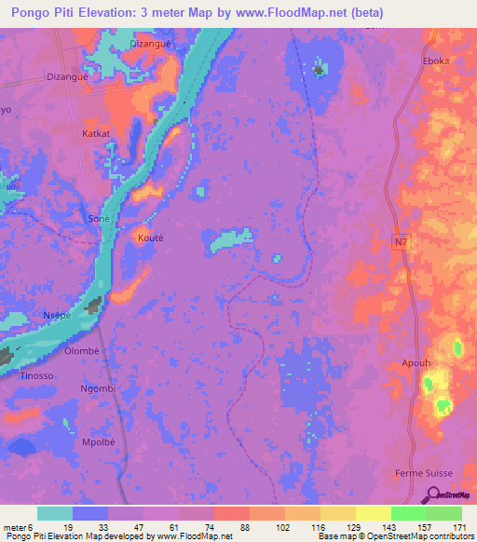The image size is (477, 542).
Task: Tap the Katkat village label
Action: point(96,134)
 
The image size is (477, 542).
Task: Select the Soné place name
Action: point(99,217)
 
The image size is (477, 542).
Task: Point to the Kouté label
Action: point(151,237)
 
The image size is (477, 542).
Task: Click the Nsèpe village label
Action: point(59,316)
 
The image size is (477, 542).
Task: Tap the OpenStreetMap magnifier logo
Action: point(433,497)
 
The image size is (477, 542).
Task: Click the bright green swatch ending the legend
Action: point(444,513)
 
